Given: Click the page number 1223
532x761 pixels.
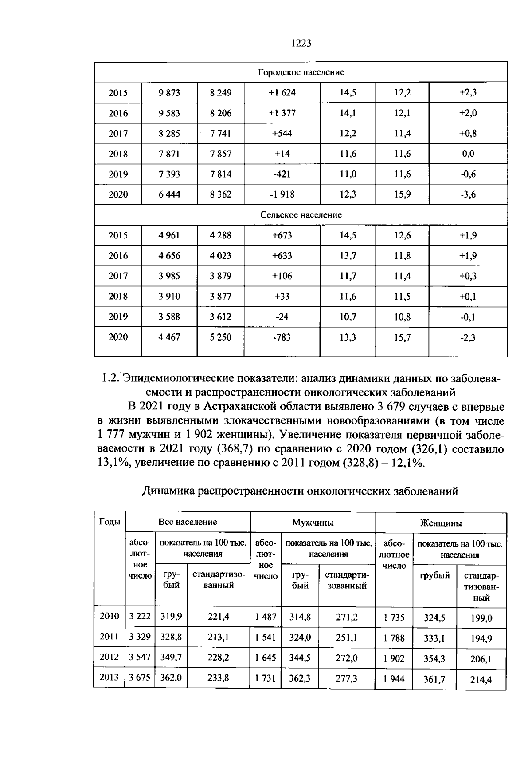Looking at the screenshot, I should click(x=301, y=43).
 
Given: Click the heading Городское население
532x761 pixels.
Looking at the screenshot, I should click(x=301, y=72).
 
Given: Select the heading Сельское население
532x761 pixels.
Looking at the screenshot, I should click(x=301, y=215).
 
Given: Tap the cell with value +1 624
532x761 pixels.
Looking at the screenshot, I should click(x=282, y=93).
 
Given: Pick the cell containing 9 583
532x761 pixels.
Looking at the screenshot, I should click(x=169, y=113).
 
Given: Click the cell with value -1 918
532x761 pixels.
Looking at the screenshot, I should click(x=282, y=194).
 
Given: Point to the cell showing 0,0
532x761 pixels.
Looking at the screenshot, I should click(x=468, y=154).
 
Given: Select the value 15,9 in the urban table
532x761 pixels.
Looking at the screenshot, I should click(x=403, y=194).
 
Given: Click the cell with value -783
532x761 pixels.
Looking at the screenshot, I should click(x=282, y=337).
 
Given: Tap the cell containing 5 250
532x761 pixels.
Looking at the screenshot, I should click(x=221, y=337).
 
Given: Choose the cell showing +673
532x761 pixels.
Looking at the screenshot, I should click(x=282, y=235).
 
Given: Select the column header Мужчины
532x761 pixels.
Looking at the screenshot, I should click(x=313, y=523).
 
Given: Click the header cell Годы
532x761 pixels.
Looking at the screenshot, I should click(x=110, y=522).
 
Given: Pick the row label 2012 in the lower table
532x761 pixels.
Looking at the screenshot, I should click(x=110, y=657).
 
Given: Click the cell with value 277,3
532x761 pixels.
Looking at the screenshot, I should click(x=347, y=678).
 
